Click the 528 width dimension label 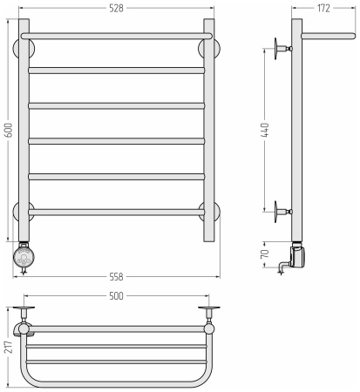coord(116,9)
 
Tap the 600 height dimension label coord(9,130)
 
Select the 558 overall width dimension coord(116,277)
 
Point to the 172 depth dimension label coord(323,8)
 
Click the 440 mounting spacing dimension coord(265,130)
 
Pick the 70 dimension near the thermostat coord(265,253)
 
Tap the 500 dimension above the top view coord(116,296)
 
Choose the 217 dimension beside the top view coord(9,347)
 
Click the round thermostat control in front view coord(24,257)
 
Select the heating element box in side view coord(298,256)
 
